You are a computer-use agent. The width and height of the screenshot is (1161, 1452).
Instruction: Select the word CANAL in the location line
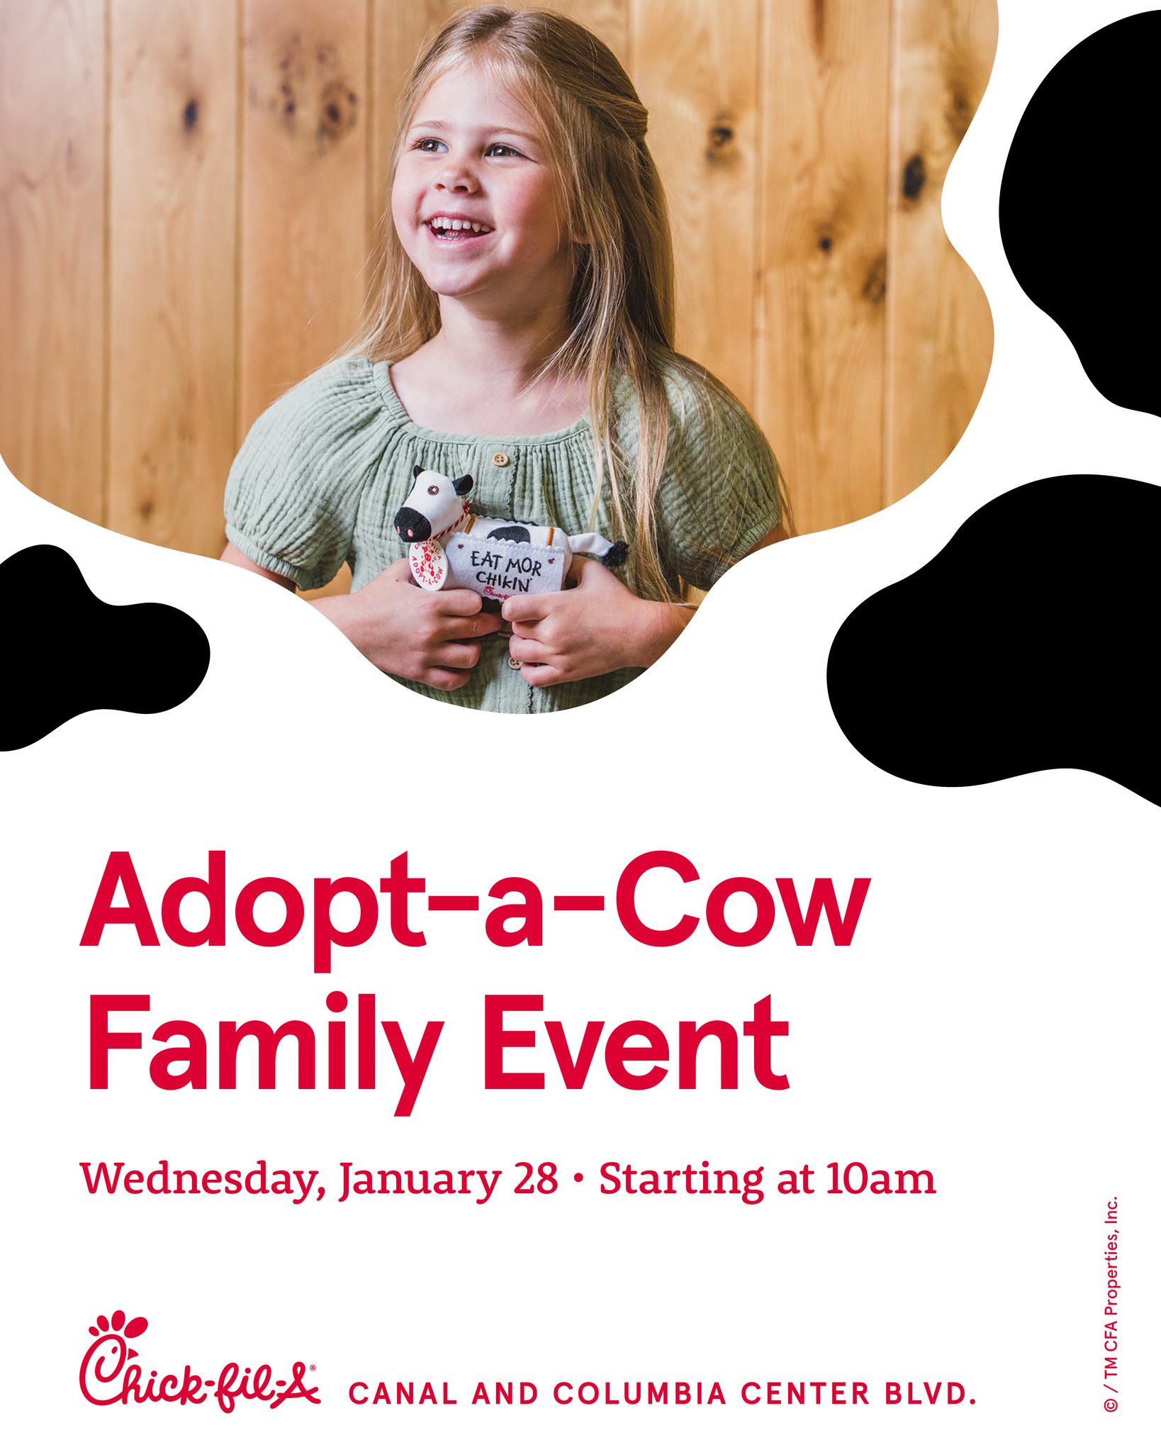pos(403,1394)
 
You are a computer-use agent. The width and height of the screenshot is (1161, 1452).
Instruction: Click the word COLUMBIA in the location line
pos(640,1394)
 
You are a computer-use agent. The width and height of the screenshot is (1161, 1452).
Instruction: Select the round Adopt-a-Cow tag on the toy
pos(429,564)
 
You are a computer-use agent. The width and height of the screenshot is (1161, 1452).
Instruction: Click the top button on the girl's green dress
pos(501,459)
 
